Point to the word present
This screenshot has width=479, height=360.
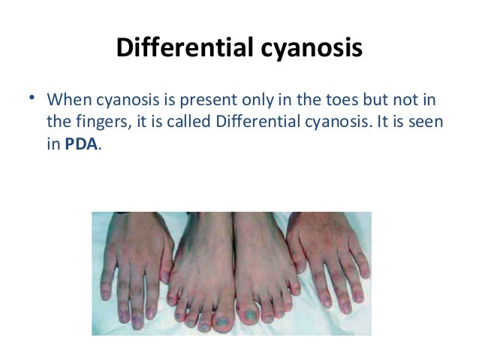tap(209, 101)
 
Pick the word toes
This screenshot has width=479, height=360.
tap(336, 101)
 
